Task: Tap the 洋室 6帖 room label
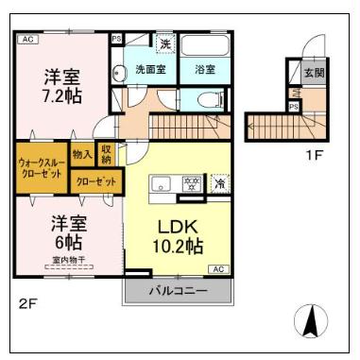pyautogui.click(x=69, y=232)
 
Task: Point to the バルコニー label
pyautogui.click(x=177, y=291)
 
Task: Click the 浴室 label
pyautogui.click(x=205, y=69)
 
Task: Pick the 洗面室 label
pyautogui.click(x=149, y=69)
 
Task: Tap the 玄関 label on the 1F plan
pyautogui.click(x=314, y=72)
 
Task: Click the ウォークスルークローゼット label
pyautogui.click(x=42, y=168)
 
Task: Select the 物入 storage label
pyautogui.click(x=82, y=154)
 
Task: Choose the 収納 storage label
pyautogui.click(x=107, y=154)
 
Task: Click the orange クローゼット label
pyautogui.click(x=96, y=180)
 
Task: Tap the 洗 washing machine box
pyautogui.click(x=164, y=43)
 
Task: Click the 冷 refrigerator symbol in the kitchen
pyautogui.click(x=220, y=183)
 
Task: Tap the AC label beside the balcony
pyautogui.click(x=218, y=269)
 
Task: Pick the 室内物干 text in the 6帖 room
pyautogui.click(x=68, y=258)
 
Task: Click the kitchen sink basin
pyautogui.click(x=160, y=183)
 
